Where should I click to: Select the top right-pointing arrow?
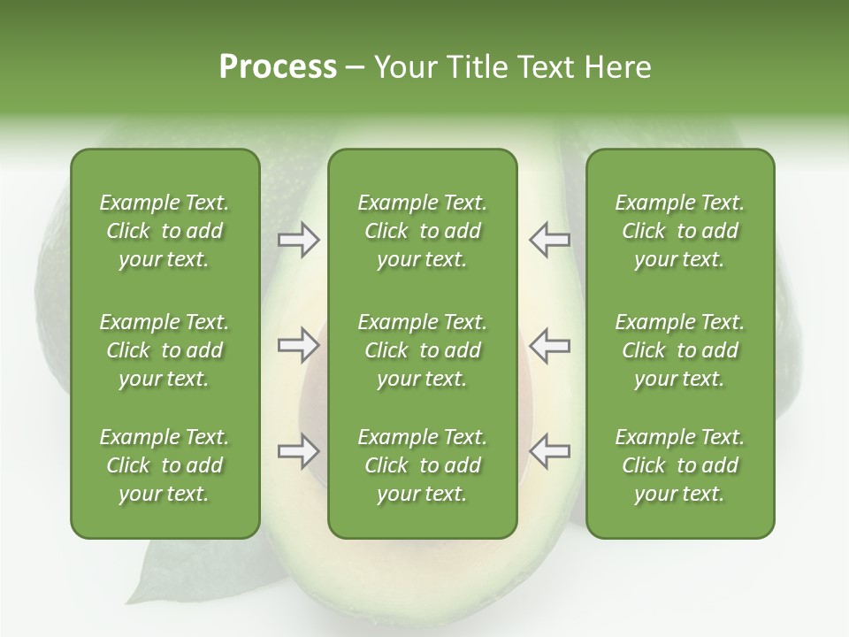click(298, 240)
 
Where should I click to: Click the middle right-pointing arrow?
click(298, 345)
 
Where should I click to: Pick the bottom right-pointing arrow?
click(298, 451)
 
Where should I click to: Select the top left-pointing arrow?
click(549, 240)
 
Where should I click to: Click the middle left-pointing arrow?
click(549, 345)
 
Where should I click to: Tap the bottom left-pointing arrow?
click(549, 451)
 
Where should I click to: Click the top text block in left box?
click(164, 231)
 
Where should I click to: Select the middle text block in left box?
click(164, 350)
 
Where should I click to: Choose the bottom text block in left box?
click(164, 465)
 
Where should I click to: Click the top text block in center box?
click(422, 231)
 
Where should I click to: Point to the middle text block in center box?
click(422, 350)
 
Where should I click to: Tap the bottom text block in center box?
click(422, 465)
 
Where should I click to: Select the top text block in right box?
click(679, 231)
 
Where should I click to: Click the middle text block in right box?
click(679, 350)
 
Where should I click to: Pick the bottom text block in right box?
click(679, 465)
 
